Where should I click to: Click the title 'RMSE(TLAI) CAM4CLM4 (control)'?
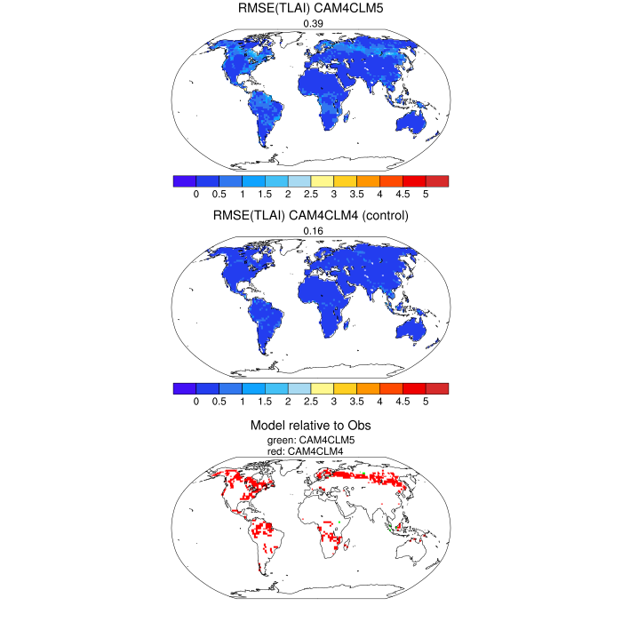(311, 216)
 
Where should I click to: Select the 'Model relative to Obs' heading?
(311, 426)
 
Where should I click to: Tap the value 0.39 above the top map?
(311, 23)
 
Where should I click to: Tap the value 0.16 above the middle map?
(311, 232)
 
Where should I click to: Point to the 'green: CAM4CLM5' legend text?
(311, 440)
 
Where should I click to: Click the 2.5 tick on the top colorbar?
(310, 194)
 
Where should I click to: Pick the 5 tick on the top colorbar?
(426, 194)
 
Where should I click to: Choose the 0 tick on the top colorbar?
(195, 194)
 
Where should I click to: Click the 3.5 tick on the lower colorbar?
(356, 402)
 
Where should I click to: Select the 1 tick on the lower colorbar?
(242, 402)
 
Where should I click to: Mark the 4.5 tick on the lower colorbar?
(403, 402)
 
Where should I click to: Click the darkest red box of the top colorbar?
(437, 180)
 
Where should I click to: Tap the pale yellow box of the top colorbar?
(322, 180)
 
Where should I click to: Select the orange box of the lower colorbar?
(368, 388)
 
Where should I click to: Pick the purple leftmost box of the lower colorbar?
(184, 388)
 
